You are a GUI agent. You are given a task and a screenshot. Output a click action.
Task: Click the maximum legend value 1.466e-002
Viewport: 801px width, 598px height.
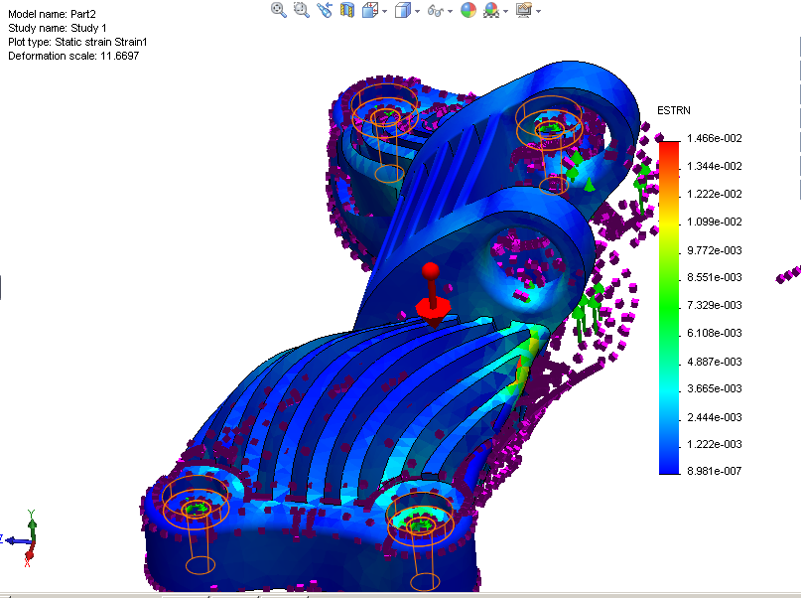(715, 138)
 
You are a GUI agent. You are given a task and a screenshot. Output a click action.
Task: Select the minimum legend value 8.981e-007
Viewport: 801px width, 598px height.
(715, 471)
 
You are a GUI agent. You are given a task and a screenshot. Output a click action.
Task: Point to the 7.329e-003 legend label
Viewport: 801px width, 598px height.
(715, 304)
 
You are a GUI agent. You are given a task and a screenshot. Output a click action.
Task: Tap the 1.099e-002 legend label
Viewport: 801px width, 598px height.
(715, 222)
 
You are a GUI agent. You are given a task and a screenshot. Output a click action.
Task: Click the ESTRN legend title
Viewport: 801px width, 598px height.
(674, 110)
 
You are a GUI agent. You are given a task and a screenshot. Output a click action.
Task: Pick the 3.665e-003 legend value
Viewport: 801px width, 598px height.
(715, 387)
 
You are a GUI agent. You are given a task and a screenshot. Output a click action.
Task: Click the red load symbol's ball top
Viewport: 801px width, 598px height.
(430, 269)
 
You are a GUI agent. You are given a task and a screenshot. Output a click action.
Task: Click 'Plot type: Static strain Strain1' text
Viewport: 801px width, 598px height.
(77, 43)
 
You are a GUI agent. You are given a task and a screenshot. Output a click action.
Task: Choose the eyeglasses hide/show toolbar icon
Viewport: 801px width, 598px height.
(435, 10)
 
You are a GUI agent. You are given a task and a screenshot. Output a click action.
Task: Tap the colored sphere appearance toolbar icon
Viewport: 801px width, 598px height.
(467, 10)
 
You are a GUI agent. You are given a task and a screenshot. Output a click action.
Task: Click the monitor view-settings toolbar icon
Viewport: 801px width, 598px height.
(523, 10)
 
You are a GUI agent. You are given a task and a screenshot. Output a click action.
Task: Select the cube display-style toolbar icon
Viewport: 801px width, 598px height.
(402, 10)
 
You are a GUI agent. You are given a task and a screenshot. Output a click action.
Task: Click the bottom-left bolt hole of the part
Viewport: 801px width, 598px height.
(195, 506)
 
